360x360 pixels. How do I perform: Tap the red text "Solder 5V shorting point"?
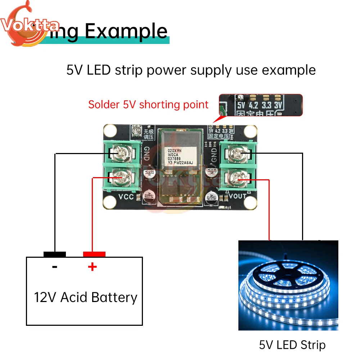pos(148,105)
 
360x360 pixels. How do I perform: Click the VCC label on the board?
pos(126,197)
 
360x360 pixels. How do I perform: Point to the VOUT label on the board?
pos(237,196)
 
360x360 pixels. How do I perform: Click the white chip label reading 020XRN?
pos(172,152)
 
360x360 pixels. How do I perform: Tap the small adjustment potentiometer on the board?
pos(136,130)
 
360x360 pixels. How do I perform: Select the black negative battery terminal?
pos(55,254)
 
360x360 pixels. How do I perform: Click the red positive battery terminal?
pos(94,254)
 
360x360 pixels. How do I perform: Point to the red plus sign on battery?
pos(93,267)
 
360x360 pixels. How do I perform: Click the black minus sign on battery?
pos(55,267)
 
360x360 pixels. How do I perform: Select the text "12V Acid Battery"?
pos(86,298)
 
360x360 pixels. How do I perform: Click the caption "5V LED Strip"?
pos(292,345)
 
